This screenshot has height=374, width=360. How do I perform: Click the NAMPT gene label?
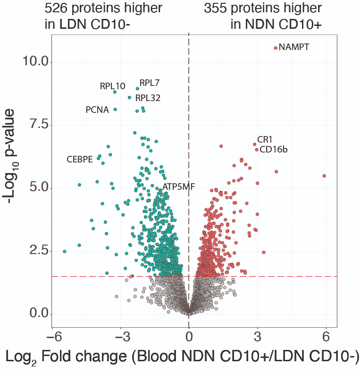294,47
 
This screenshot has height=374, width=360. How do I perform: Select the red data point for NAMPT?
276,48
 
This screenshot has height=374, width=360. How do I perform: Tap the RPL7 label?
150,83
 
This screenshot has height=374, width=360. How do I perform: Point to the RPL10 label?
112,86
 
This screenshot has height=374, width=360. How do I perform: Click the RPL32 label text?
148,98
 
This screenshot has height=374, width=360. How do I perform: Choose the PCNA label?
97,110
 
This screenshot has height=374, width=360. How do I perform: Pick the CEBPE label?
79,159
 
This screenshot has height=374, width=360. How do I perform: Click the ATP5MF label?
179,187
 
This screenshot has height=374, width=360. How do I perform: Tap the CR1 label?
265,140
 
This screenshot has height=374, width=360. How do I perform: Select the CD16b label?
274,150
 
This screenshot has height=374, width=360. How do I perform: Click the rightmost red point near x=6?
324,176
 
